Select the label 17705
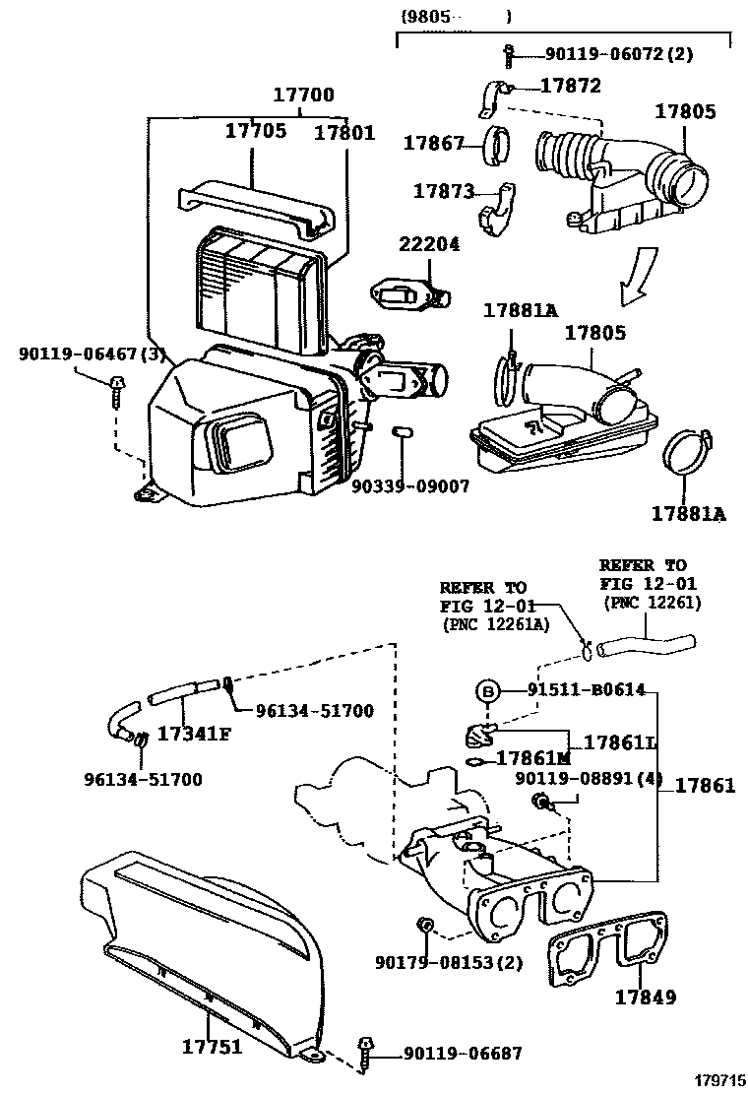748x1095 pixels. coord(256,131)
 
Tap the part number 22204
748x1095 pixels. coord(429,244)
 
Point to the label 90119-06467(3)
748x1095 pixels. coord(92,354)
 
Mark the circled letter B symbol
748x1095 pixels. coord(487,691)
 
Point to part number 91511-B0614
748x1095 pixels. coord(586,690)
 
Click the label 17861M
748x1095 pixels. coord(532,758)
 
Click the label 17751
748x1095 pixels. coord(212,1046)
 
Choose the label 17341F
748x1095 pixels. coord(194,734)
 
